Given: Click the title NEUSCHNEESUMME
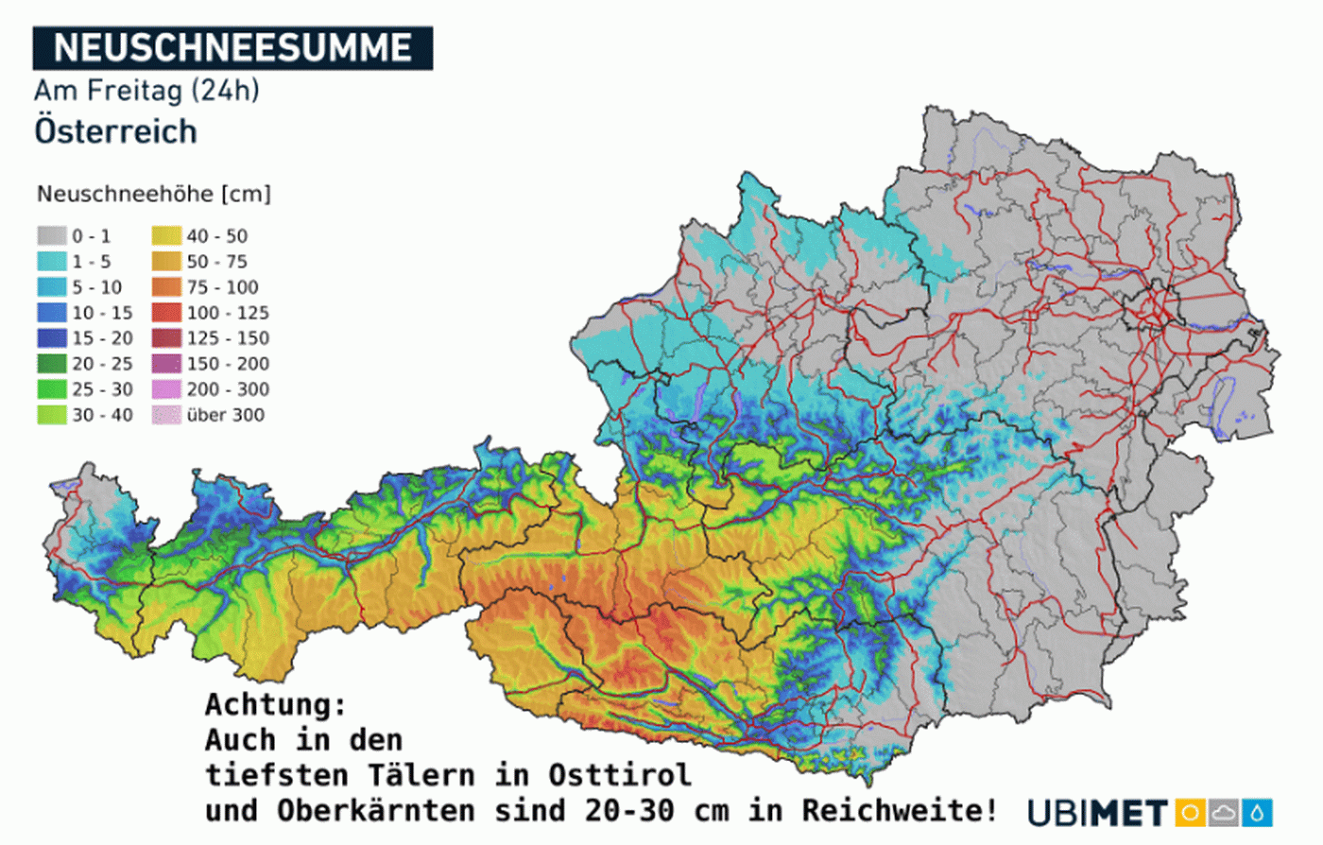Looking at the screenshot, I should click(x=232, y=47).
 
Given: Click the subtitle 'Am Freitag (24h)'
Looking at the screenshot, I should click(x=146, y=91).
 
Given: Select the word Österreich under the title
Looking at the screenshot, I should click(x=115, y=131).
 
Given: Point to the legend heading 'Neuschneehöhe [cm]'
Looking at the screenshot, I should click(x=153, y=194).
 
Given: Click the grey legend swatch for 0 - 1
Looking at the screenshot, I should click(x=52, y=236).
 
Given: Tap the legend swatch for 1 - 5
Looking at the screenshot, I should click(x=52, y=262).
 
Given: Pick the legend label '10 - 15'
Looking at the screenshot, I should click(x=102, y=313).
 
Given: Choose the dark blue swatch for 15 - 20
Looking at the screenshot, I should click(x=52, y=338).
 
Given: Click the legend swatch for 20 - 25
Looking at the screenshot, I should click(x=52, y=364).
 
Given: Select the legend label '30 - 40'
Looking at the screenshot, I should click(x=102, y=415).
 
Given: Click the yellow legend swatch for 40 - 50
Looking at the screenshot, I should click(x=166, y=236).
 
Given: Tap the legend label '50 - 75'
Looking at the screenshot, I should click(x=216, y=262).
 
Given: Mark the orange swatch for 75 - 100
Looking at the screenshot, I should click(x=166, y=287).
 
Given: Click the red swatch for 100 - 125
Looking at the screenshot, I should click(x=166, y=313).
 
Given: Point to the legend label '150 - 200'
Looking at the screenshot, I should click(x=227, y=364).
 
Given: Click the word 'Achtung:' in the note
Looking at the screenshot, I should click(x=276, y=705).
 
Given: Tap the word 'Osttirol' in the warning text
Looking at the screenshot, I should click(x=619, y=775).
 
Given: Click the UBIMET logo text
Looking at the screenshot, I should click(x=1097, y=813).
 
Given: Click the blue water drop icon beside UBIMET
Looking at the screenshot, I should click(x=1257, y=813).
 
